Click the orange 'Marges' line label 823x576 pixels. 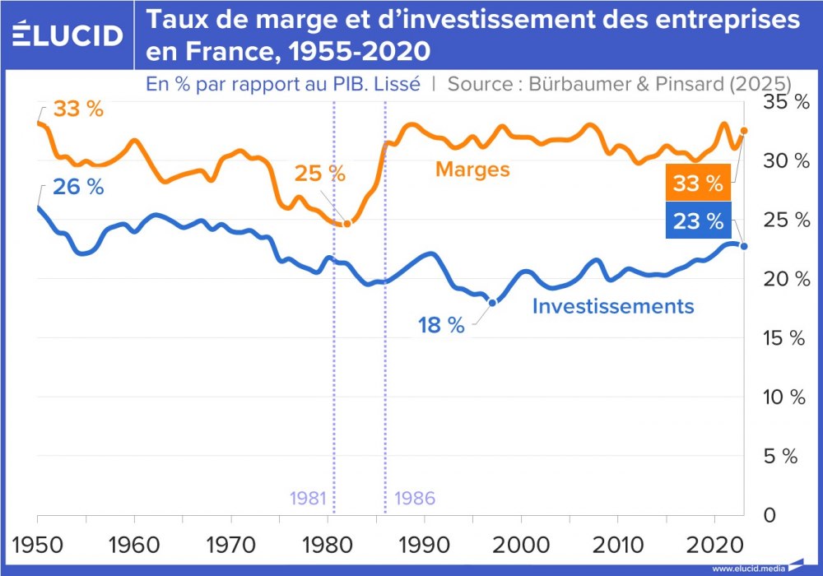472,170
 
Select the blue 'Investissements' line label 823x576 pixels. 613,306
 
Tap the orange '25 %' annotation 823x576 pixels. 321,174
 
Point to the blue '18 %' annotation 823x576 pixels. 441,325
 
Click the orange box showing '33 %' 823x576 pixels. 697,184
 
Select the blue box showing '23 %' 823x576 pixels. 697,221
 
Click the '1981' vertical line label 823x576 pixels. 308,499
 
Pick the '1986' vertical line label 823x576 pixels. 414,499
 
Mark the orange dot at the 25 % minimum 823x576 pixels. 346,224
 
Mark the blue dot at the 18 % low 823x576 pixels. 492,303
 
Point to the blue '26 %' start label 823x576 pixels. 78,187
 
